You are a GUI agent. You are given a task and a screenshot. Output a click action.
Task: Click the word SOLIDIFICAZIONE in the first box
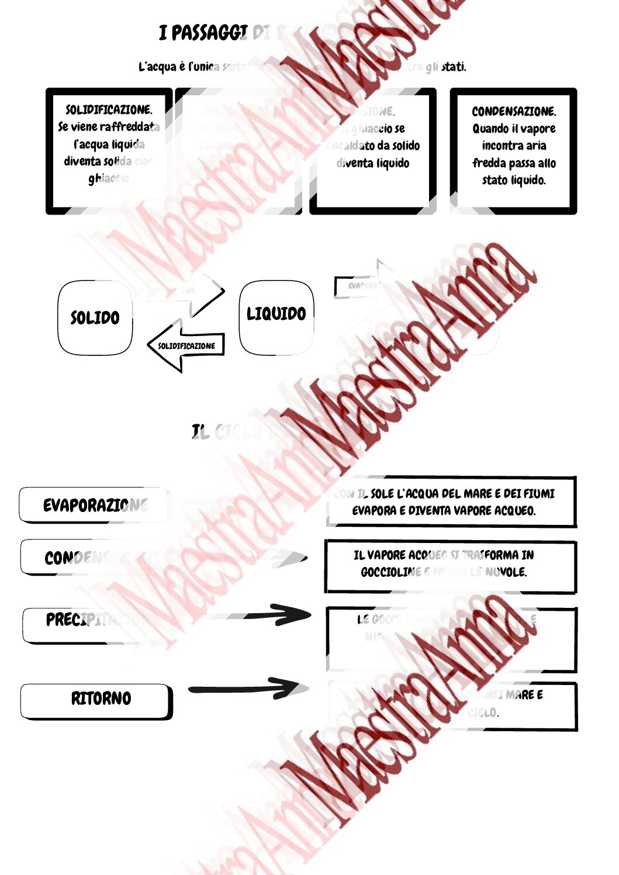(x=109, y=110)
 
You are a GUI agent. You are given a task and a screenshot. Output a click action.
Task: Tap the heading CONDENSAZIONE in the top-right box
(x=514, y=111)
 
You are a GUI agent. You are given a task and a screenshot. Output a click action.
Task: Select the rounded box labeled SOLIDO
(x=95, y=318)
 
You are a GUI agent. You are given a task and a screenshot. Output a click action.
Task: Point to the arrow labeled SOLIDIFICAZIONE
(x=186, y=346)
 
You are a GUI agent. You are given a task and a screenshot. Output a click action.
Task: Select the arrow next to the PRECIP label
(x=275, y=614)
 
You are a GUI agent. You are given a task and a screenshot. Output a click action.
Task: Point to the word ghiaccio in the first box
(x=109, y=178)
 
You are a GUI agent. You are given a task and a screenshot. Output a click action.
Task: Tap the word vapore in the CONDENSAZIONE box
(x=538, y=129)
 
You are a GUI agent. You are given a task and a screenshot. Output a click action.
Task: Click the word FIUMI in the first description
(x=538, y=494)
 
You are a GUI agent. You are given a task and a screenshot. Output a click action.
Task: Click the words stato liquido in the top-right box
(x=514, y=180)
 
